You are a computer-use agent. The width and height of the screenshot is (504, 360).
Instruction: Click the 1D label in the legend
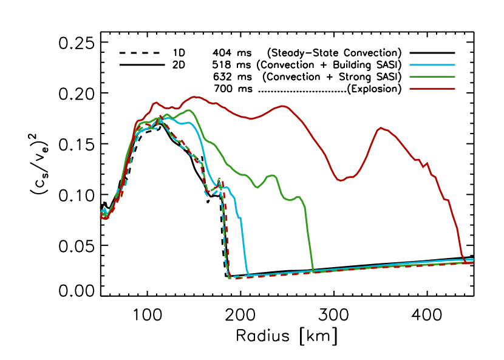[x=179, y=52]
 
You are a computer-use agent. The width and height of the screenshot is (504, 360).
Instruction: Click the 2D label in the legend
[x=179, y=64]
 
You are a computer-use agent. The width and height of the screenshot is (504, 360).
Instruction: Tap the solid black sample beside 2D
[x=139, y=64]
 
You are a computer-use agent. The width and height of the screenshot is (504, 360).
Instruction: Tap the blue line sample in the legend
[x=432, y=64]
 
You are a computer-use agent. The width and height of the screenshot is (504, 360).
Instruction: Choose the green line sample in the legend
[x=432, y=77]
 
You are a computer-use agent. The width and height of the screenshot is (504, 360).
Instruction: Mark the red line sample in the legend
[x=432, y=89]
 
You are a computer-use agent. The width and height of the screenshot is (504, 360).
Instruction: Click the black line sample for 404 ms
[x=432, y=52]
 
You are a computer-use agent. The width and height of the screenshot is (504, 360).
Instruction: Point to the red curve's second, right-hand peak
[x=381, y=127]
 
